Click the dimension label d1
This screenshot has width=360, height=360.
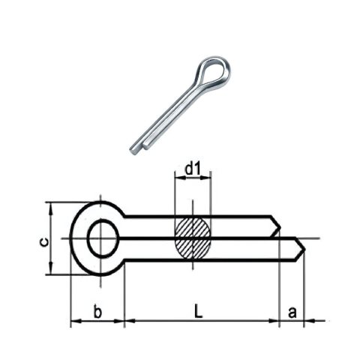[x=193, y=170]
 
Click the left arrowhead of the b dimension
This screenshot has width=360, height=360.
[x=74, y=323]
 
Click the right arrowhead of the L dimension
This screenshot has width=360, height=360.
[x=274, y=323]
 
